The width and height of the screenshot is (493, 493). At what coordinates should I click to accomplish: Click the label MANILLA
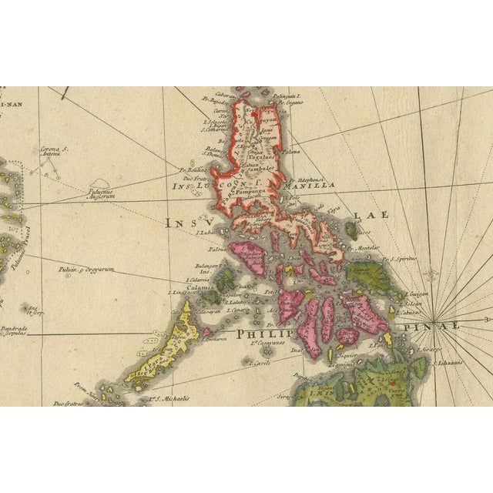click(310, 186)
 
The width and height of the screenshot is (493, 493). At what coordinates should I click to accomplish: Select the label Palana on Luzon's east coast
click(292, 153)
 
